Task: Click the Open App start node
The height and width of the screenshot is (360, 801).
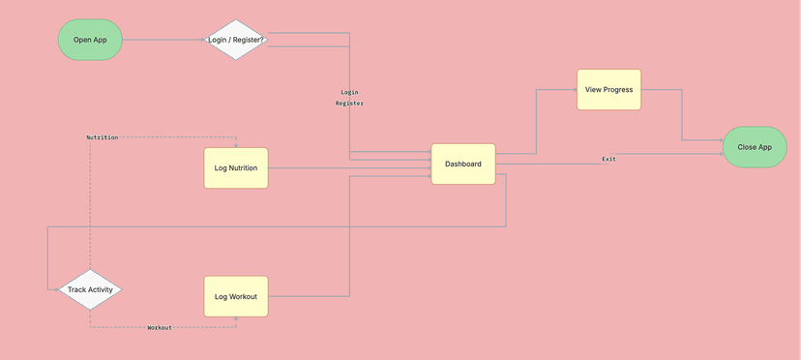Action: click(x=90, y=40)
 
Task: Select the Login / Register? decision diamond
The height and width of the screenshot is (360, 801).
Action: click(x=236, y=40)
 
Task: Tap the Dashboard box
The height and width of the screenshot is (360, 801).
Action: click(x=463, y=165)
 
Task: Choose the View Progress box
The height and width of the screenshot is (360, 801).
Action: click(x=608, y=90)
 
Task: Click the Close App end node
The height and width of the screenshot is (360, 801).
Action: click(x=755, y=147)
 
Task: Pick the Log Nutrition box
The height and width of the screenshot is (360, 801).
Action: click(x=236, y=168)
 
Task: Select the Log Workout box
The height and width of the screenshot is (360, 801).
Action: click(x=236, y=296)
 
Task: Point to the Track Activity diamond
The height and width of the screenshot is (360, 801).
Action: click(x=90, y=289)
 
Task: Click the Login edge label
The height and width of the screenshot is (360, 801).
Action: click(x=349, y=92)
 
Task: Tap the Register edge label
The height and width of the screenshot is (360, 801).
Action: click(x=349, y=103)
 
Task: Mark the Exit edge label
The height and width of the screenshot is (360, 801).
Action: click(x=608, y=159)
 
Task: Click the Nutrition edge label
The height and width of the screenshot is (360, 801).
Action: click(x=103, y=137)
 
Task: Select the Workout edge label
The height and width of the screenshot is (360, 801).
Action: click(x=160, y=328)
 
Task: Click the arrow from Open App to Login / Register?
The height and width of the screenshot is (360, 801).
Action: click(x=164, y=40)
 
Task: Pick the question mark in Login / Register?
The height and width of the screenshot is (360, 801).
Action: click(x=262, y=40)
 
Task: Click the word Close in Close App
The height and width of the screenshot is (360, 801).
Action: click(x=747, y=147)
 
